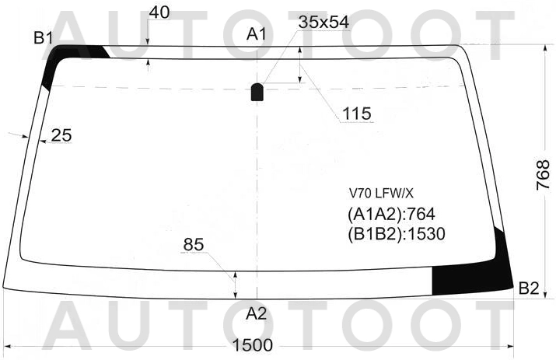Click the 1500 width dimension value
[x=253, y=344]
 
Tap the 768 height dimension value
[x=543, y=176]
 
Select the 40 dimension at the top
[x=159, y=12]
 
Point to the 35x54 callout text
[x=323, y=23]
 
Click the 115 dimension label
[x=356, y=114]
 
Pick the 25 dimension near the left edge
[x=61, y=135]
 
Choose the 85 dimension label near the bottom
[x=194, y=244]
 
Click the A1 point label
[x=257, y=34]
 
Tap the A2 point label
[x=257, y=313]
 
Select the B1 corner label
[x=44, y=37]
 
